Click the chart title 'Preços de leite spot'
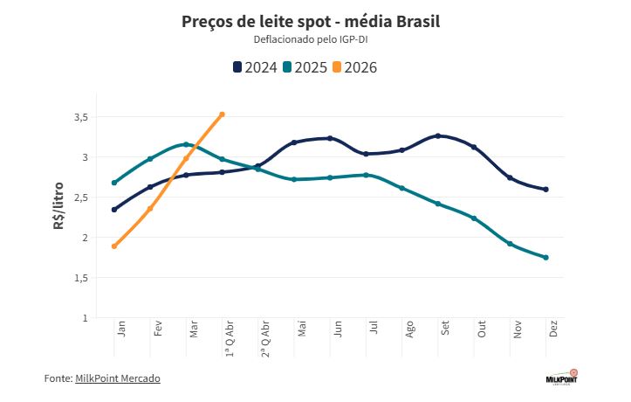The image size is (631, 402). coord(311,21)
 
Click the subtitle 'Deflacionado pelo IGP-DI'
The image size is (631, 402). coord(311,39)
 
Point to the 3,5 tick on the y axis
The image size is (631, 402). coord(80,117)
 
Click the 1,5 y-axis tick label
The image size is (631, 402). coord(80,278)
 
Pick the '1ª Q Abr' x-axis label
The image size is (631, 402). coord(230,338)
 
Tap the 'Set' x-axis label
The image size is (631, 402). coord(445,329)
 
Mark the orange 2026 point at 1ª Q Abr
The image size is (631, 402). coord(223,114)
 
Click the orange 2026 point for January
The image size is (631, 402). coord(114,246)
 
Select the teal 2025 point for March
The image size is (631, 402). coord(186,144)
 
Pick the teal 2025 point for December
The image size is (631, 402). coord(545,257)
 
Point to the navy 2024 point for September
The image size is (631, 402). coord(438,135)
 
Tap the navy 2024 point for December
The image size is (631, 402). coord(545,189)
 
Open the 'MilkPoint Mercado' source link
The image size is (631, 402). coord(118,378)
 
